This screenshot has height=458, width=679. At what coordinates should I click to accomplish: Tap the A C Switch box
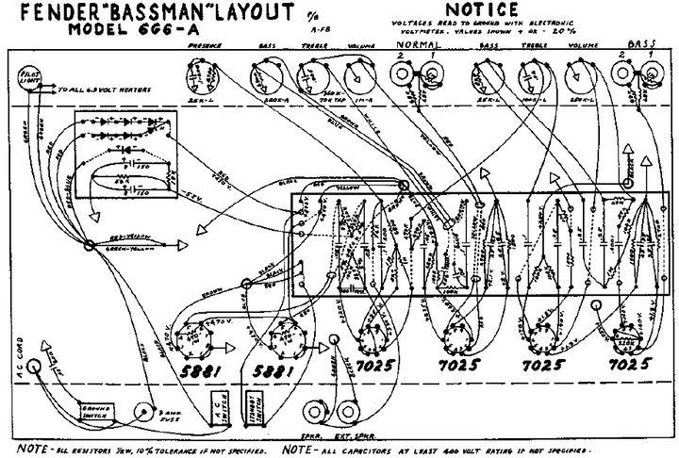coord(221,409)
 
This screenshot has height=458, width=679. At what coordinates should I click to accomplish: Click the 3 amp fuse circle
coord(143,411)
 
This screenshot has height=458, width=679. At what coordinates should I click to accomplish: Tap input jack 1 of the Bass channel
coord(651,74)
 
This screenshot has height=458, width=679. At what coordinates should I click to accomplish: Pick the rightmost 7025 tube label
coord(630,364)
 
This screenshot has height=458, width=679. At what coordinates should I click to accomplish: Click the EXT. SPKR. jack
coord(348,413)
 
